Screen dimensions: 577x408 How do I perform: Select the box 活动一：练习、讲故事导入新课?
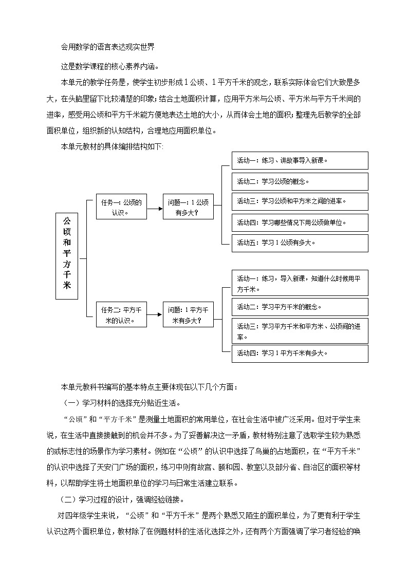click(x=300, y=160)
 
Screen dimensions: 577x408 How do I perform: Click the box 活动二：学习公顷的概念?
click(x=300, y=181)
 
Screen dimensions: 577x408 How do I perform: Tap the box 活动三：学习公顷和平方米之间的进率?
click(x=300, y=201)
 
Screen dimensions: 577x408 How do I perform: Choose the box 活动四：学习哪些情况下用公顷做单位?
click(x=300, y=222)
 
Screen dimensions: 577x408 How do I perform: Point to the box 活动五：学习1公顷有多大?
click(x=300, y=243)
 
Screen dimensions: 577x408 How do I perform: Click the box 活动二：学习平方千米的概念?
click(x=300, y=307)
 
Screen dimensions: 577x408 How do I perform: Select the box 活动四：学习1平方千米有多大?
click(x=300, y=353)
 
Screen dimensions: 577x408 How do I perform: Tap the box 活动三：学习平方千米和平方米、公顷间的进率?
click(x=300, y=331)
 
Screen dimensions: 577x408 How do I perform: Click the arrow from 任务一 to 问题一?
click(x=155, y=208)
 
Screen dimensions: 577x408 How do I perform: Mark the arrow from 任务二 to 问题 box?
click(x=155, y=315)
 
